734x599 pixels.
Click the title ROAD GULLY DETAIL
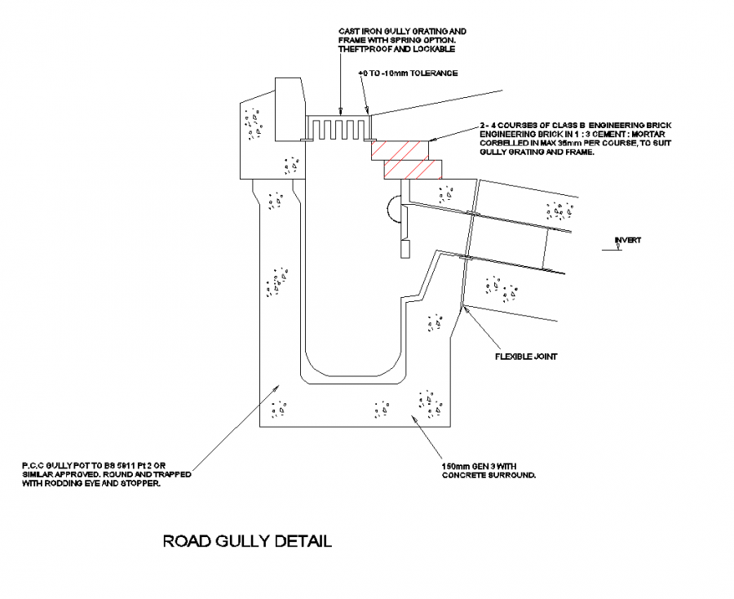(x=247, y=541)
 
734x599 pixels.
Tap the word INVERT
(x=628, y=240)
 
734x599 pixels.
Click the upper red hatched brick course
(x=400, y=149)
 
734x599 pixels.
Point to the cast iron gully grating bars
(x=338, y=129)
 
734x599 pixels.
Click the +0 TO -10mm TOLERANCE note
(x=408, y=73)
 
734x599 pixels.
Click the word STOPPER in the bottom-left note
(x=143, y=483)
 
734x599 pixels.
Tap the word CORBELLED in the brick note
(x=506, y=144)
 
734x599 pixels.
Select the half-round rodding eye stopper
(x=394, y=209)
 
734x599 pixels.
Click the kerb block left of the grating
(x=290, y=109)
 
